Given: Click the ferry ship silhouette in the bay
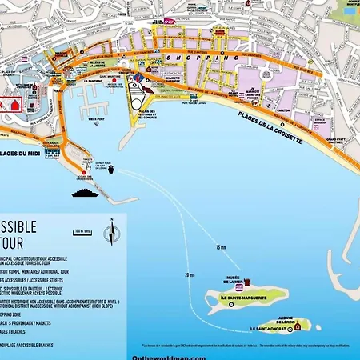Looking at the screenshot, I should click(x=83, y=192).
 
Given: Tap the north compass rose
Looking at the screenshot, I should click(x=110, y=234).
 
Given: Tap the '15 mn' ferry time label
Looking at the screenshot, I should click(x=221, y=247).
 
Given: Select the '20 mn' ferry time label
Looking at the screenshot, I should click(x=189, y=274).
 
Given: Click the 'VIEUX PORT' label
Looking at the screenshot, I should click(x=95, y=120).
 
